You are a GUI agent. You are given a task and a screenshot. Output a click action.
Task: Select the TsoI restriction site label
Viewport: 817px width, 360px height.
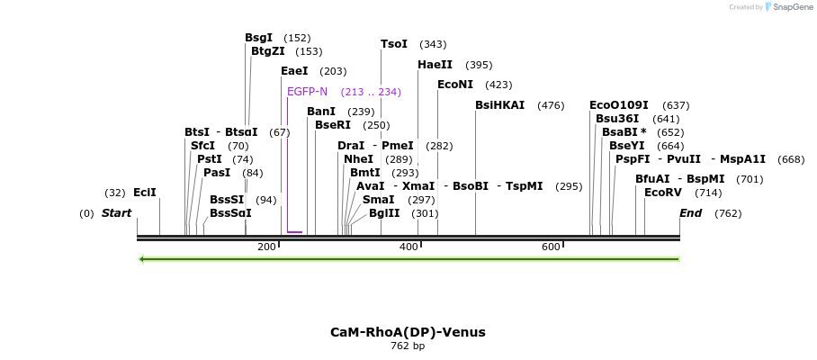394,44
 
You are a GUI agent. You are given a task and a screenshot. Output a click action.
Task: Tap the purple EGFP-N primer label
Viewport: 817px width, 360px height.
307,92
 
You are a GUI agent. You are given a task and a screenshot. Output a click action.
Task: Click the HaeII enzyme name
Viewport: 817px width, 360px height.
435,65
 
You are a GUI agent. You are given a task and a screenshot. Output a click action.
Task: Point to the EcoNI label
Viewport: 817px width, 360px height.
454,85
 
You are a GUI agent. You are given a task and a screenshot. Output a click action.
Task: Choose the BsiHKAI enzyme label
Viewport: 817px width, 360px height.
499,105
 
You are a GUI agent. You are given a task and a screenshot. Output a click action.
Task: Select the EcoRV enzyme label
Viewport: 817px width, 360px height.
663,193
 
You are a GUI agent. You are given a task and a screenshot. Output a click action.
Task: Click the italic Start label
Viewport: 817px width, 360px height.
116,213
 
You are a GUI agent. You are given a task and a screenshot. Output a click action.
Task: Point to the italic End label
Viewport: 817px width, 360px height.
690,213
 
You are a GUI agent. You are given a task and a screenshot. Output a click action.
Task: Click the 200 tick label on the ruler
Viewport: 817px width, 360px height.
267,247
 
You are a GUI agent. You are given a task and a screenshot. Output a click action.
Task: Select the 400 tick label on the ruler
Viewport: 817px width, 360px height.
408,247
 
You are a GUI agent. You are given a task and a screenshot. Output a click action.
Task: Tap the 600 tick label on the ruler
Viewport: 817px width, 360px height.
551,247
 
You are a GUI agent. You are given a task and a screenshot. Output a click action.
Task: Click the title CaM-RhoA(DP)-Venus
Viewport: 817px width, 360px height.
408,332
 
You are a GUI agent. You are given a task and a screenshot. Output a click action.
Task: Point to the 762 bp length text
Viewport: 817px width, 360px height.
408,346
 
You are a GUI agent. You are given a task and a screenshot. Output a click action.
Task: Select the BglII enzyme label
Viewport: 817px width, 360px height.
384,213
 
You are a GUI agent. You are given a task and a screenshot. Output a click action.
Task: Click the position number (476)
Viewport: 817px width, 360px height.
551,105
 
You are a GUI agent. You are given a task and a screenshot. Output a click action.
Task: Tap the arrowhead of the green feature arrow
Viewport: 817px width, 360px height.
142,259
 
